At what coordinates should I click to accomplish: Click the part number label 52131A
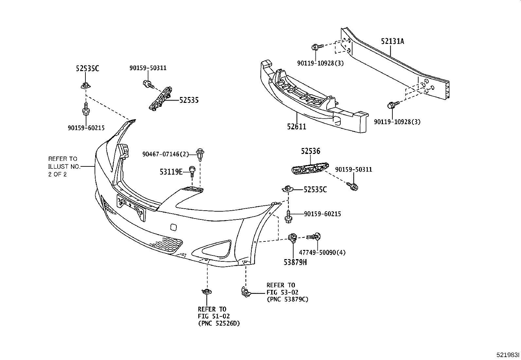[x=392, y=41]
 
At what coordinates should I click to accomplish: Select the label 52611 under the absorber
[x=296, y=126]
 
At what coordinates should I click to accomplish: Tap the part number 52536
[x=311, y=151]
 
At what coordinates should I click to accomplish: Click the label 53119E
[x=171, y=171]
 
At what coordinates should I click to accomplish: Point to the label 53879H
[x=295, y=262]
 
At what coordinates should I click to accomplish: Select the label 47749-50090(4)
[x=322, y=253]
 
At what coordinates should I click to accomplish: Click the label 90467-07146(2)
[x=166, y=154]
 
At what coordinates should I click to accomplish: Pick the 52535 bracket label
[x=189, y=100]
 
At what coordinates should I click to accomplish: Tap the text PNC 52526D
[x=221, y=324]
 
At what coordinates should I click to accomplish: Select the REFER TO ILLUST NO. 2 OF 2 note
[x=64, y=166]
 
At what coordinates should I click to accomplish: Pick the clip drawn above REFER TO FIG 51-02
[x=207, y=291]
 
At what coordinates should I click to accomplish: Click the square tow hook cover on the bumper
[x=173, y=226]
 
